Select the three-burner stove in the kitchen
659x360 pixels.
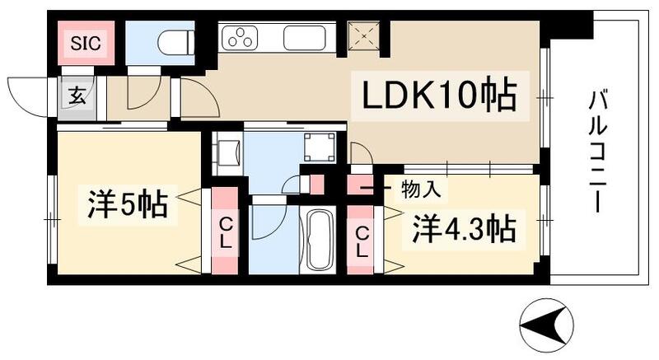(242, 38)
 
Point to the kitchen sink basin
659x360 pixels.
(308, 38)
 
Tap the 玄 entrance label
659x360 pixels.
(76, 95)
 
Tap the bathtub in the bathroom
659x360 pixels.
(316, 241)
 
